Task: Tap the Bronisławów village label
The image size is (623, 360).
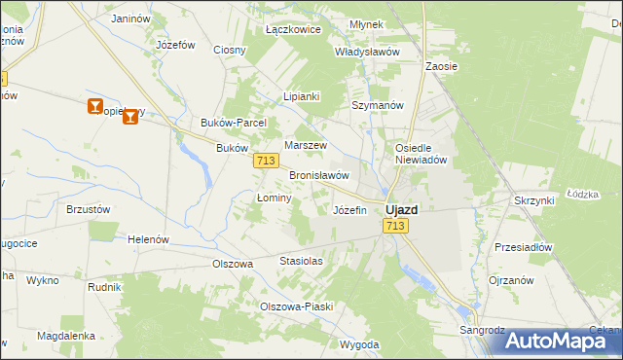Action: click(319, 175)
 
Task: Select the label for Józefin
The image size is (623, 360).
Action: click(349, 210)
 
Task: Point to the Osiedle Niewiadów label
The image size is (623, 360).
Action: click(420, 154)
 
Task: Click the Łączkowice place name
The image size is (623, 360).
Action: click(293, 30)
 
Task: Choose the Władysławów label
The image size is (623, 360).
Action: click(367, 52)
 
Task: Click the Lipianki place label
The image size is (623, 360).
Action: click(302, 97)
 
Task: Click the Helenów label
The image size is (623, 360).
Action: click(149, 239)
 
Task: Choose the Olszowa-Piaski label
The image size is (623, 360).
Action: click(296, 306)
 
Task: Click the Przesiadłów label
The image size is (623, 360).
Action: click(523, 247)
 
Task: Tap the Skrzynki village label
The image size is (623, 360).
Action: click(533, 199)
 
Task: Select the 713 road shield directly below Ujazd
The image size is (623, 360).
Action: click(394, 226)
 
